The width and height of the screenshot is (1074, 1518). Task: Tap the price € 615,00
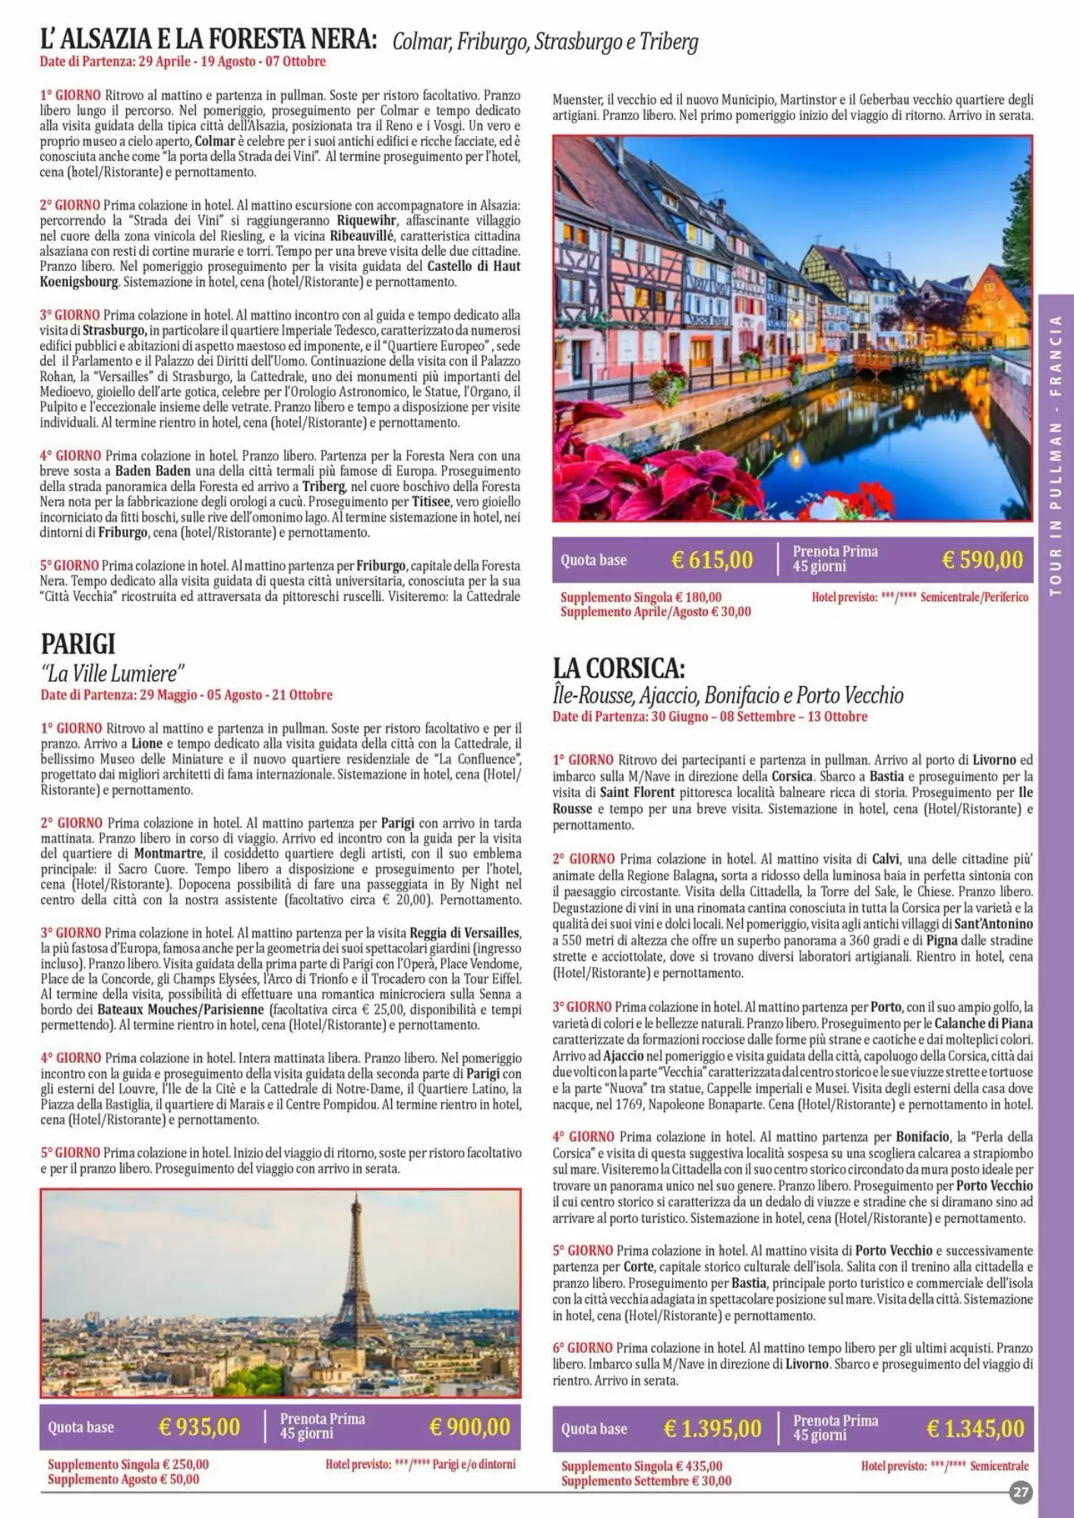(x=712, y=560)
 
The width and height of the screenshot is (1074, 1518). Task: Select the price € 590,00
(x=982, y=560)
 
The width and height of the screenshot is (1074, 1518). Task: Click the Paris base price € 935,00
(x=199, y=1427)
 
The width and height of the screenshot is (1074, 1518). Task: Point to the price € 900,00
(x=469, y=1427)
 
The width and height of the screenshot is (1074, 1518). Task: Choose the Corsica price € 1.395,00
(x=712, y=1428)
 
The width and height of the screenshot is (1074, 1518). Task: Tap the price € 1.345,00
(x=974, y=1428)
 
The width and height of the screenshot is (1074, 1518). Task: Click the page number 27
(x=1020, y=1492)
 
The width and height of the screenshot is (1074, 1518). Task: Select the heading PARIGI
(x=78, y=644)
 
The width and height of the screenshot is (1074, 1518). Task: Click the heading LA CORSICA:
(x=619, y=668)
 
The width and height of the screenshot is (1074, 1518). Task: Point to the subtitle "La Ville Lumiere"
(x=112, y=673)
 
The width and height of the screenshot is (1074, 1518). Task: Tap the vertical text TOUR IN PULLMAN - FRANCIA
(x=1055, y=455)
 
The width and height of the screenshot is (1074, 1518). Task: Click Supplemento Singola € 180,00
(x=640, y=597)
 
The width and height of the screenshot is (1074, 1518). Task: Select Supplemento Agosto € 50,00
(x=123, y=1479)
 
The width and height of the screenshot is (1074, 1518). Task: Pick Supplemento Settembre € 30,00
(x=646, y=1480)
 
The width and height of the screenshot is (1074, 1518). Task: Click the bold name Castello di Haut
(x=473, y=266)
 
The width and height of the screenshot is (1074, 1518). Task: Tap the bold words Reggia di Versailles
(x=464, y=933)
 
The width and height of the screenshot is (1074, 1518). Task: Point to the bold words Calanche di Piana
(x=983, y=1023)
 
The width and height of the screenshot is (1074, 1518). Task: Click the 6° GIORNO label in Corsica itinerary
(x=582, y=1348)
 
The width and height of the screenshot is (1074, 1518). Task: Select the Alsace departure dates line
(x=182, y=61)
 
